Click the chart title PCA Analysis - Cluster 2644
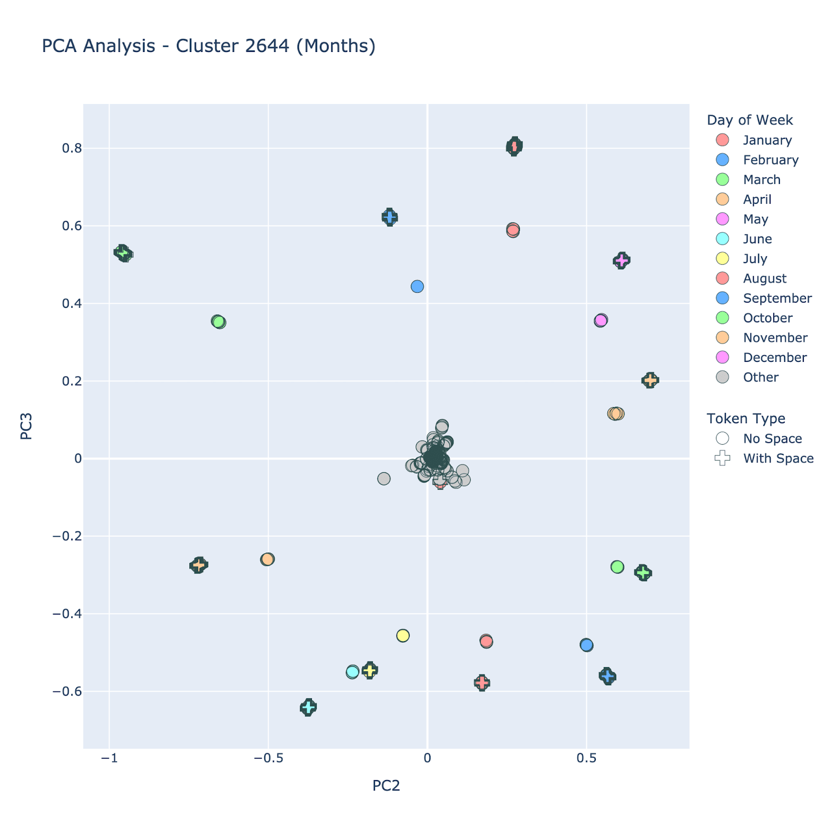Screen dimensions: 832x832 point(208,46)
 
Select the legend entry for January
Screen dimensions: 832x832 point(767,140)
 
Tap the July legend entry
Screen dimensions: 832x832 point(755,258)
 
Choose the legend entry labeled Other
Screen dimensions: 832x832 point(760,377)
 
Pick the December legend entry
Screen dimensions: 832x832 point(774,357)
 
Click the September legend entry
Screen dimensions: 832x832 point(777,298)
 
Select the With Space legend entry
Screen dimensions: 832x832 point(778,458)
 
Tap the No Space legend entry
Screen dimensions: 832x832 point(772,438)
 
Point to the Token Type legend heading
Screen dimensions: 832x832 point(746,419)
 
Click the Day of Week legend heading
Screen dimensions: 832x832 point(749,120)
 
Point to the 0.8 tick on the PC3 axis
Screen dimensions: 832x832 point(72,148)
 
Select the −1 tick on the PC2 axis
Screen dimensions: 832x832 point(109,758)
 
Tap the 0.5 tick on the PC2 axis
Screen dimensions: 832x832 point(586,758)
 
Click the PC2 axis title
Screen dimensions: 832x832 point(386,786)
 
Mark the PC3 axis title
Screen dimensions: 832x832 point(27,426)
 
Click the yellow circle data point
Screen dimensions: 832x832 point(403,635)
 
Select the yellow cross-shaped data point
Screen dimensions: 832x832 point(370,670)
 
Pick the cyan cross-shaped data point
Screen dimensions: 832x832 point(308,707)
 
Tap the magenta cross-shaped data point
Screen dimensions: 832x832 point(621,260)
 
